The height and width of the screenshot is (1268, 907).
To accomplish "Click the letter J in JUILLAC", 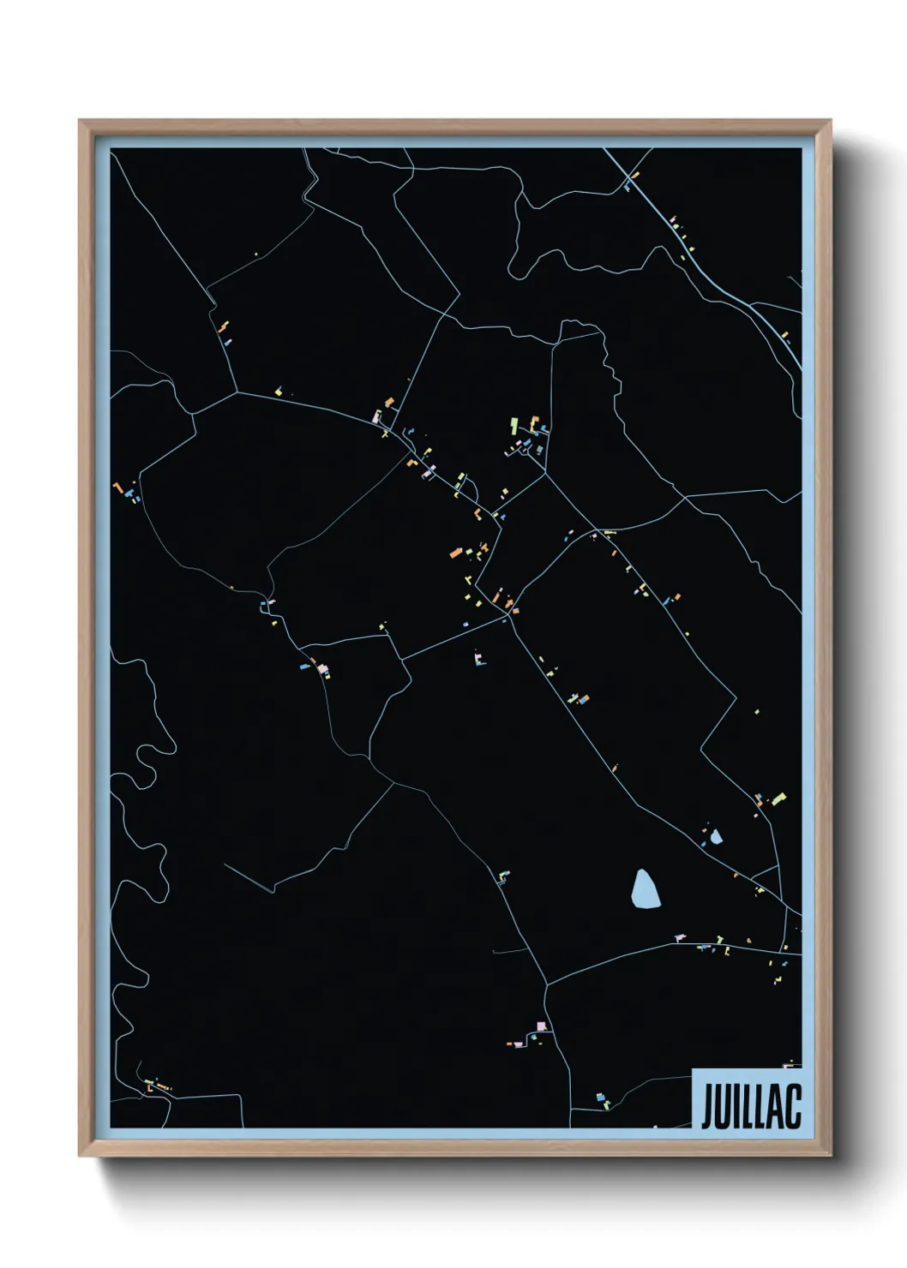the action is [708, 1106].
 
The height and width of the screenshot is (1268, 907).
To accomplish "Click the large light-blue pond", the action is [646, 889].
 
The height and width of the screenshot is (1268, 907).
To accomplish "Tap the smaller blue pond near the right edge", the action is [716, 836].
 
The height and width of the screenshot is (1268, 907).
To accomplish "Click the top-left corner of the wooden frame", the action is [81, 122].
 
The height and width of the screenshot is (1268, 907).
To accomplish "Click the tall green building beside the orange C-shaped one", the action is [514, 424].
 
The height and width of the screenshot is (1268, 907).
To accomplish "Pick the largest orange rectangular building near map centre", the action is [456, 553].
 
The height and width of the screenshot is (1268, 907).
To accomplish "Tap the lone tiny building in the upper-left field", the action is [255, 254].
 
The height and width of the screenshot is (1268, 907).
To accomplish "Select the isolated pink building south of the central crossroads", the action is [478, 659].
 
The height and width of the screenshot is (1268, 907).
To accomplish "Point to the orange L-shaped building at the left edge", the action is [117, 487].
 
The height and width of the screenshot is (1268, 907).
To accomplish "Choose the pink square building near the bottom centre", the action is [540, 1026].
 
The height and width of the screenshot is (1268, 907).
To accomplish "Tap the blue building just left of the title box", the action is [600, 1096].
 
